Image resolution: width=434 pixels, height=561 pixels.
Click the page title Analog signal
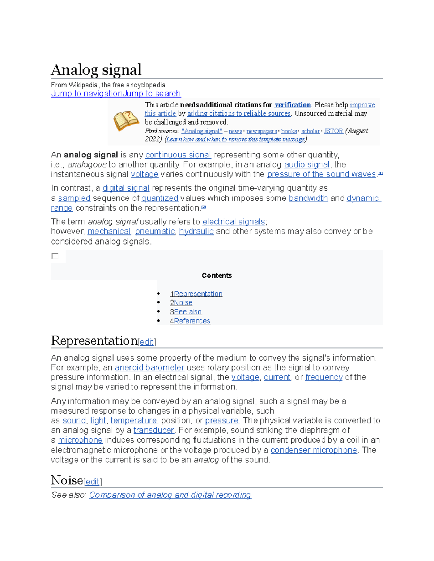pyautogui.click(x=96, y=70)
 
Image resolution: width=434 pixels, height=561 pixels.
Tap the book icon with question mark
pyautogui.click(x=125, y=121)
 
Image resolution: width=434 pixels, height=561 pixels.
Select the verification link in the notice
pyautogui.click(x=293, y=105)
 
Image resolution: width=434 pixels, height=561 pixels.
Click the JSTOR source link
pyautogui.click(x=333, y=131)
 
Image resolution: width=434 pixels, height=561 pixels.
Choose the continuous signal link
pyautogui.click(x=178, y=155)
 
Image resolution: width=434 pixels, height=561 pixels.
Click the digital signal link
pyautogui.click(x=126, y=188)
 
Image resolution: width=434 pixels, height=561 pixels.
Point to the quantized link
pyautogui.click(x=159, y=198)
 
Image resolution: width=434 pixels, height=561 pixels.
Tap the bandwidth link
pyautogui.click(x=308, y=198)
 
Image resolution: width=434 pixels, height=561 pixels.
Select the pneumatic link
pyautogui.click(x=155, y=232)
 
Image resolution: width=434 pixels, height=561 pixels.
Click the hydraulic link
pyautogui.click(x=196, y=232)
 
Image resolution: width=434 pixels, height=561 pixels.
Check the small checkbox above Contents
pyautogui.click(x=55, y=256)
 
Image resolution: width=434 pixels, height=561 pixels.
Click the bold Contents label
pyautogui.click(x=217, y=276)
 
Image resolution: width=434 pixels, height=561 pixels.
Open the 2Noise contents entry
pyautogui.click(x=181, y=303)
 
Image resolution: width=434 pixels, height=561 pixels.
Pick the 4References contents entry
pyautogui.click(x=190, y=321)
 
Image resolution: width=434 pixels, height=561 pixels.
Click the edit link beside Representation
pyautogui.click(x=147, y=342)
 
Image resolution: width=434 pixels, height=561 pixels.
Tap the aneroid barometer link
pyautogui.click(x=150, y=368)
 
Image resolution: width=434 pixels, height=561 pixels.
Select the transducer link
pyautogui.click(x=154, y=430)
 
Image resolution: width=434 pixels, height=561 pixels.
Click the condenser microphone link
pyautogui.click(x=314, y=450)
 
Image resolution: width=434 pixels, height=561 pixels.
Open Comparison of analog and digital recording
pyautogui.click(x=170, y=495)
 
